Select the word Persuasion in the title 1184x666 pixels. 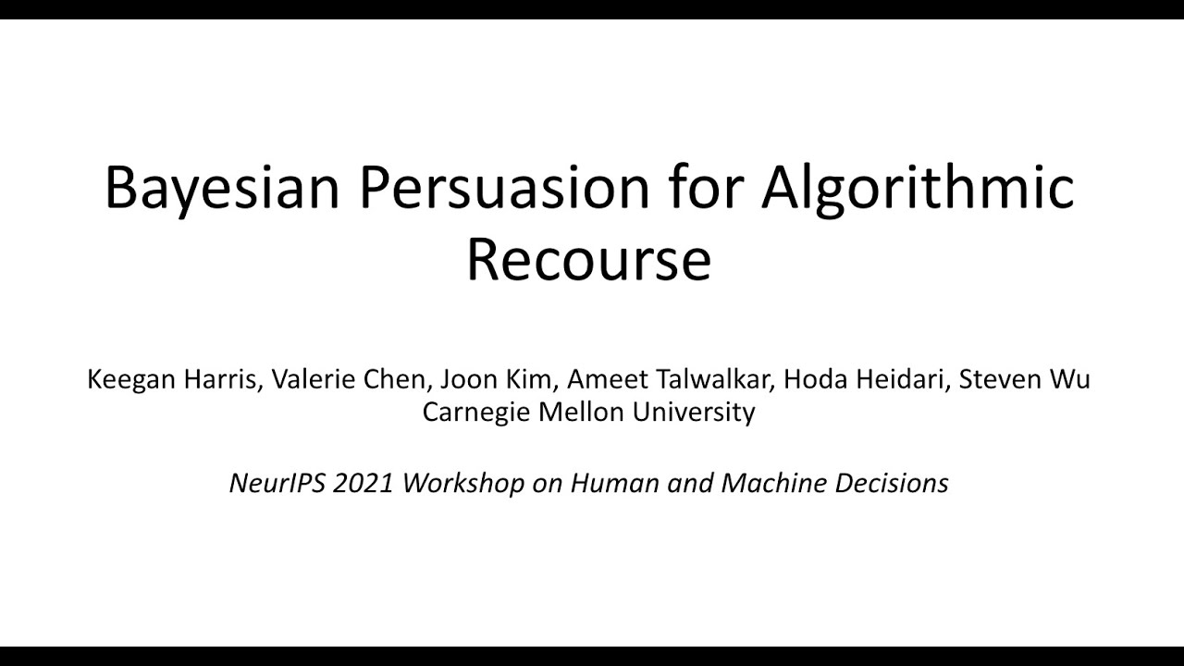pyautogui.click(x=505, y=188)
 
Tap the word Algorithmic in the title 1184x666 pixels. pyautogui.click(x=918, y=188)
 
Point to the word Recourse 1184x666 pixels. pyautogui.click(x=588, y=260)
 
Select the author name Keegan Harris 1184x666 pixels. pyautogui.click(x=172, y=379)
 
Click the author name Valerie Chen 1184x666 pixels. pyautogui.click(x=348, y=379)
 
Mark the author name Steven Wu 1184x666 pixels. pyautogui.click(x=1024, y=379)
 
